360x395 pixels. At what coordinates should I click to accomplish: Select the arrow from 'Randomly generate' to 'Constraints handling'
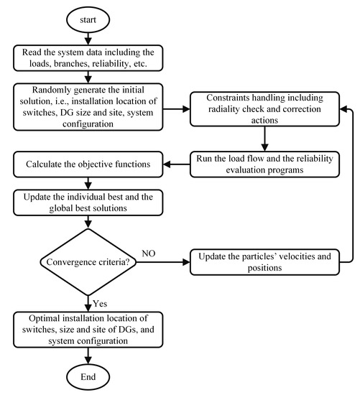172,108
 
